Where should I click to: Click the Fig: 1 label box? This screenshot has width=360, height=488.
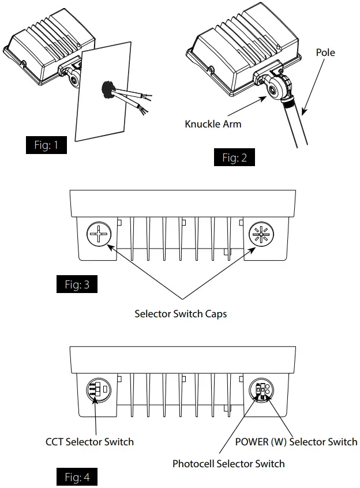pos(46,145)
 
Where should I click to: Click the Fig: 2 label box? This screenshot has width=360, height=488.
pos(234,157)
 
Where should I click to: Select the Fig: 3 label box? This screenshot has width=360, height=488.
pos(77,284)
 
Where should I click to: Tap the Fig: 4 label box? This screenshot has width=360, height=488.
pos(77,478)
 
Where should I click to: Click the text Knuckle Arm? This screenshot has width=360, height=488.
pos(213,124)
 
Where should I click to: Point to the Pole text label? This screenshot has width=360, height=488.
pos(325,52)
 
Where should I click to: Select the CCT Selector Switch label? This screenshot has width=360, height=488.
pos(89,442)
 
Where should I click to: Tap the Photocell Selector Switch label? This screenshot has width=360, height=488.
pos(228,463)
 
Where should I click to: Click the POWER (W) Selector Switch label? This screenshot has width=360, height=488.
pos(296,442)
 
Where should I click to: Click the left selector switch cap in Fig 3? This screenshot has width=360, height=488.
pos(98,236)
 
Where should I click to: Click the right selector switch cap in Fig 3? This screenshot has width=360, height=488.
pos(260,236)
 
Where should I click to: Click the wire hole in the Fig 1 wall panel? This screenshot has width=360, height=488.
pos(108,89)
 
